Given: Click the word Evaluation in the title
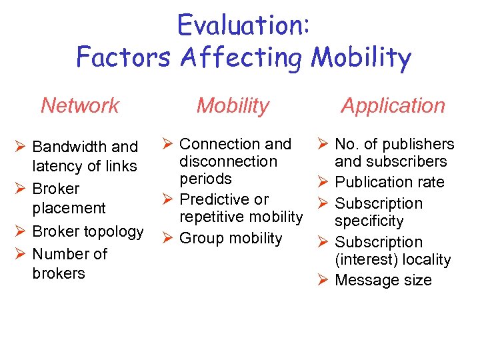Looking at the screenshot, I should tap(240, 26).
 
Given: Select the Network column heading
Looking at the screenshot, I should tap(80, 105).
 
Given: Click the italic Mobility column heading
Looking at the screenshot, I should tap(233, 105).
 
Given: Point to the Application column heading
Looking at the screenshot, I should tap(393, 105).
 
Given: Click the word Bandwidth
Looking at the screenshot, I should tap(65, 147).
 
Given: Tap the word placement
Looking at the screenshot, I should tap(69, 208).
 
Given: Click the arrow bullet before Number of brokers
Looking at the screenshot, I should tap(19, 253).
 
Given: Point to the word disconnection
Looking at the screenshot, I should tap(227, 161).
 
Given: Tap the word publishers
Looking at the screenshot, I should tap(416, 144).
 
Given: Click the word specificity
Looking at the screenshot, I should tap(369, 221).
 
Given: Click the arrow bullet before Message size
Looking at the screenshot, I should tap(322, 280).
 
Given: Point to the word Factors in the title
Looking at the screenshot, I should tap(125, 57).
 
